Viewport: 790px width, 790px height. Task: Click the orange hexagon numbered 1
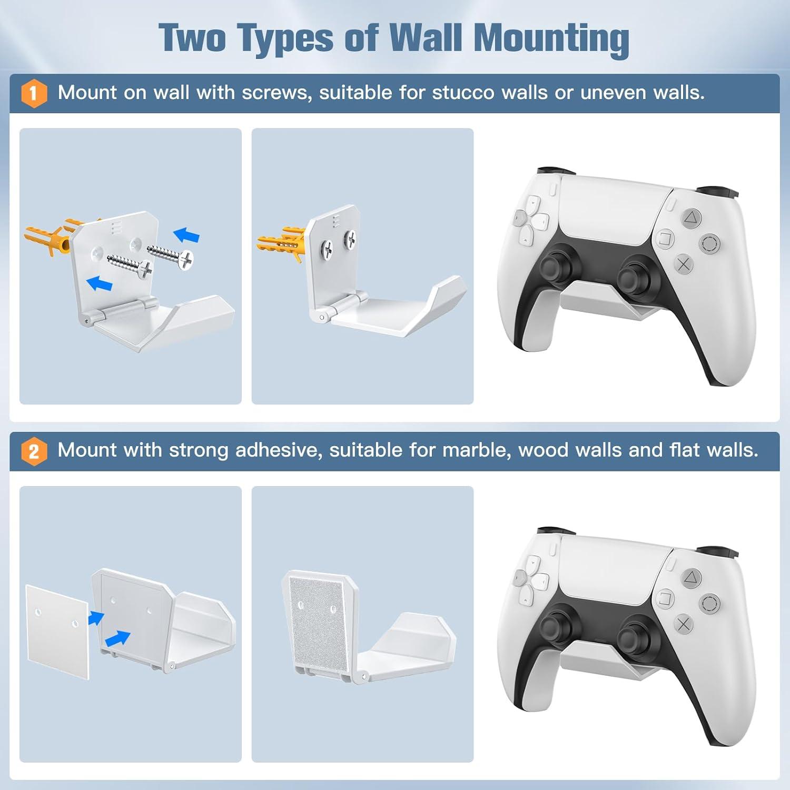point(34,93)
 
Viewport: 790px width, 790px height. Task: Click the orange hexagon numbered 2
point(34,451)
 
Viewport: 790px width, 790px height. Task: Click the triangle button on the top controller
point(692,217)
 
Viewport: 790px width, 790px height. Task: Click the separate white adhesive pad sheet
point(57,630)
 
